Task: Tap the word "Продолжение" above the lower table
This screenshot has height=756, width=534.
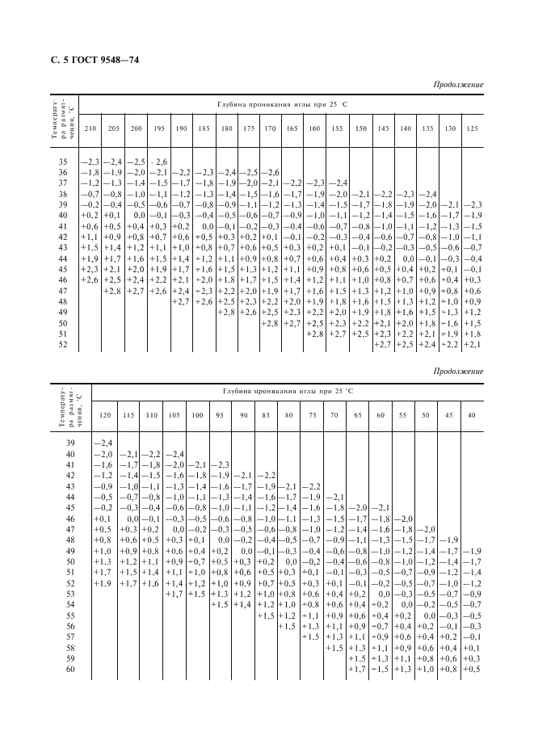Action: tap(458, 372)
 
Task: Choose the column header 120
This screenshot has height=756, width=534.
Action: tap(103, 415)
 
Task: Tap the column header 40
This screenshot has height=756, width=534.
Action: tap(472, 415)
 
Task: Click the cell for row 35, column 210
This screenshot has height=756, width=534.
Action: tap(90, 162)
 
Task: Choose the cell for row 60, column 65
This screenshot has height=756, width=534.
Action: tap(356, 670)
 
